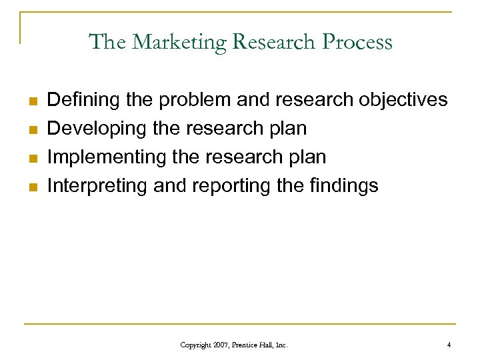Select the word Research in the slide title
point(274,42)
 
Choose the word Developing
point(97,129)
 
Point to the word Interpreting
point(97,186)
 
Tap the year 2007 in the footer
point(221,345)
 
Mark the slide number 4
point(449,345)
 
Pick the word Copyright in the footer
point(194,345)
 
